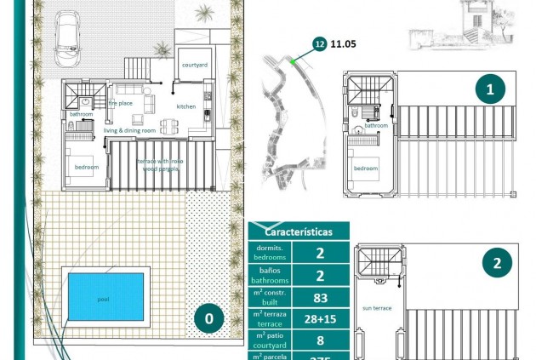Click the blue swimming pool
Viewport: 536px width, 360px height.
pyautogui.click(x=105, y=297)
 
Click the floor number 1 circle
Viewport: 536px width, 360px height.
pyautogui.click(x=490, y=89)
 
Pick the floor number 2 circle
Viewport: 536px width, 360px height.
pyautogui.click(x=496, y=263)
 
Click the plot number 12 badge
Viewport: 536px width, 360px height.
pyautogui.click(x=319, y=43)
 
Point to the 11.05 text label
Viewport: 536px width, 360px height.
pyautogui.click(x=342, y=43)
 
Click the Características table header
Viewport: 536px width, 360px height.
pyautogui.click(x=298, y=231)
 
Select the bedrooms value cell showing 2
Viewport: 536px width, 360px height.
pyautogui.click(x=320, y=252)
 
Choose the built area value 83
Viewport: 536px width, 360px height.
pyautogui.click(x=320, y=297)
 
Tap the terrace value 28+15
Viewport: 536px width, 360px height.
pyautogui.click(x=320, y=319)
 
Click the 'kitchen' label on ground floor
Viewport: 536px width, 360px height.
pyautogui.click(x=186, y=106)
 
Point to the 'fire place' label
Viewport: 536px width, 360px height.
pyautogui.click(x=120, y=103)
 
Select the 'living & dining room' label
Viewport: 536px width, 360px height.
pyautogui.click(x=130, y=130)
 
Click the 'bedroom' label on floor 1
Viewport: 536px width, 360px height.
pyautogui.click(x=366, y=169)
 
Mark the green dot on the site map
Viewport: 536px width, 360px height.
pyautogui.click(x=292, y=61)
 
